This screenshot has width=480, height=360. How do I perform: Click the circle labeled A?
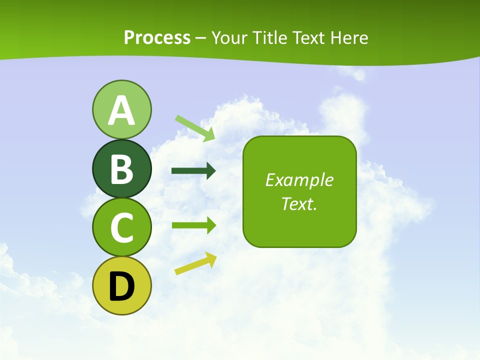pyautogui.click(x=121, y=109)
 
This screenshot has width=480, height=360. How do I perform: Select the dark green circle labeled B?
pyautogui.click(x=121, y=168)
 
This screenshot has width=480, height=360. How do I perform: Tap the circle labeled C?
pyautogui.click(x=121, y=227)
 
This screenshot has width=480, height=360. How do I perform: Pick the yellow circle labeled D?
pyautogui.click(x=121, y=285)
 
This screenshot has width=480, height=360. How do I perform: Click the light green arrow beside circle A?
pyautogui.click(x=195, y=127)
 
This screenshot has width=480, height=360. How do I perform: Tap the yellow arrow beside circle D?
pyautogui.click(x=195, y=263)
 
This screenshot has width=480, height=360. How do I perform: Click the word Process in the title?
pyautogui.click(x=157, y=37)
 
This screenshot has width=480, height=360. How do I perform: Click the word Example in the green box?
pyautogui.click(x=299, y=180)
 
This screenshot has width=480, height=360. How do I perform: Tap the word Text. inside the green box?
pyautogui.click(x=299, y=203)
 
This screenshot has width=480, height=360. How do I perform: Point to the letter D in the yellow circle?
pyautogui.click(x=121, y=286)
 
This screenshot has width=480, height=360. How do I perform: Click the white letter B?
pyautogui.click(x=121, y=169)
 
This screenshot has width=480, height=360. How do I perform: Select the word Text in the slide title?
pyautogui.click(x=308, y=37)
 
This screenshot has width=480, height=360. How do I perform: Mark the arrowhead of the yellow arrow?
pyautogui.click(x=211, y=258)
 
